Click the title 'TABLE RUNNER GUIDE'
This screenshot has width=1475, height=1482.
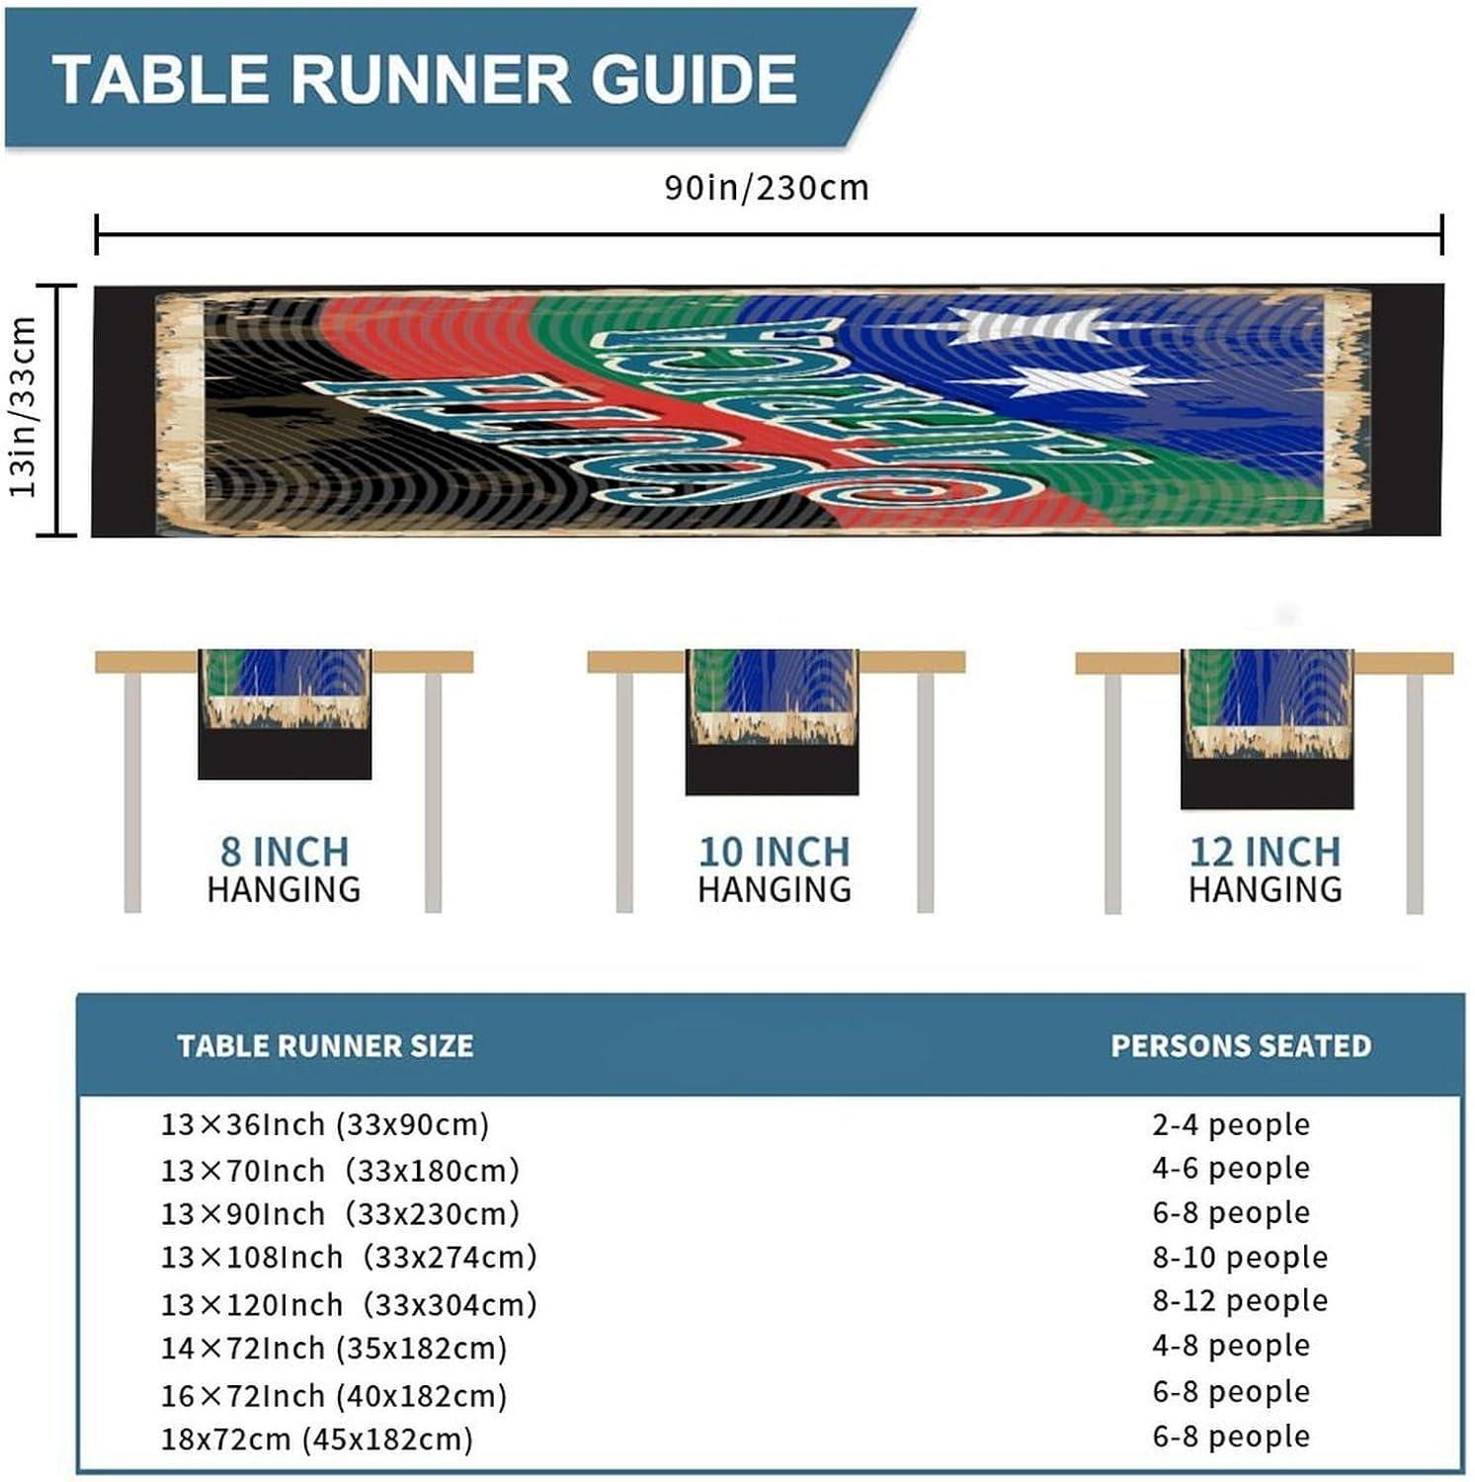425,79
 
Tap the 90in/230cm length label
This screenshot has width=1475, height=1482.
766,188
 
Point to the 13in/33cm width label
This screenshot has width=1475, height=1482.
24,407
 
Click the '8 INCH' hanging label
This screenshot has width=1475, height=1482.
285,852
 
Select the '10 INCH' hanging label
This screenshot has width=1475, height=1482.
774,852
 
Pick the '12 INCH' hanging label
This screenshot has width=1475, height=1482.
1265,852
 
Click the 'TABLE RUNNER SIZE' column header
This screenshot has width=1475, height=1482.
325,1045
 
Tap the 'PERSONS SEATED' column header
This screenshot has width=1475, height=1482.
1241,1045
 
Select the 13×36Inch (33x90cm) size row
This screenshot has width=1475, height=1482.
325,1124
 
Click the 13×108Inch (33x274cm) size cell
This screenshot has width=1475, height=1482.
349,1257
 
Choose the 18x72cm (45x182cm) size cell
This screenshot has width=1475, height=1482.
317,1439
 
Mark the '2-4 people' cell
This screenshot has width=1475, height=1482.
1231,1124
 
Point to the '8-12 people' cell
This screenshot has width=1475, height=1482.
1240,1300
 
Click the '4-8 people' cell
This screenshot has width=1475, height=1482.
1231,1345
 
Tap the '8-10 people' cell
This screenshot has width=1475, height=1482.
1240,1257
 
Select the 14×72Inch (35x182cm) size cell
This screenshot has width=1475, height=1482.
334,1348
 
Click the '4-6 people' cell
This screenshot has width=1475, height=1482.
1231,1168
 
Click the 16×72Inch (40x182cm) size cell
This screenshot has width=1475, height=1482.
334,1395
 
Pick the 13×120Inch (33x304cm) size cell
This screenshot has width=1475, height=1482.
349,1304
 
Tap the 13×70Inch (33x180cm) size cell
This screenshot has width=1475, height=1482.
340,1171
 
